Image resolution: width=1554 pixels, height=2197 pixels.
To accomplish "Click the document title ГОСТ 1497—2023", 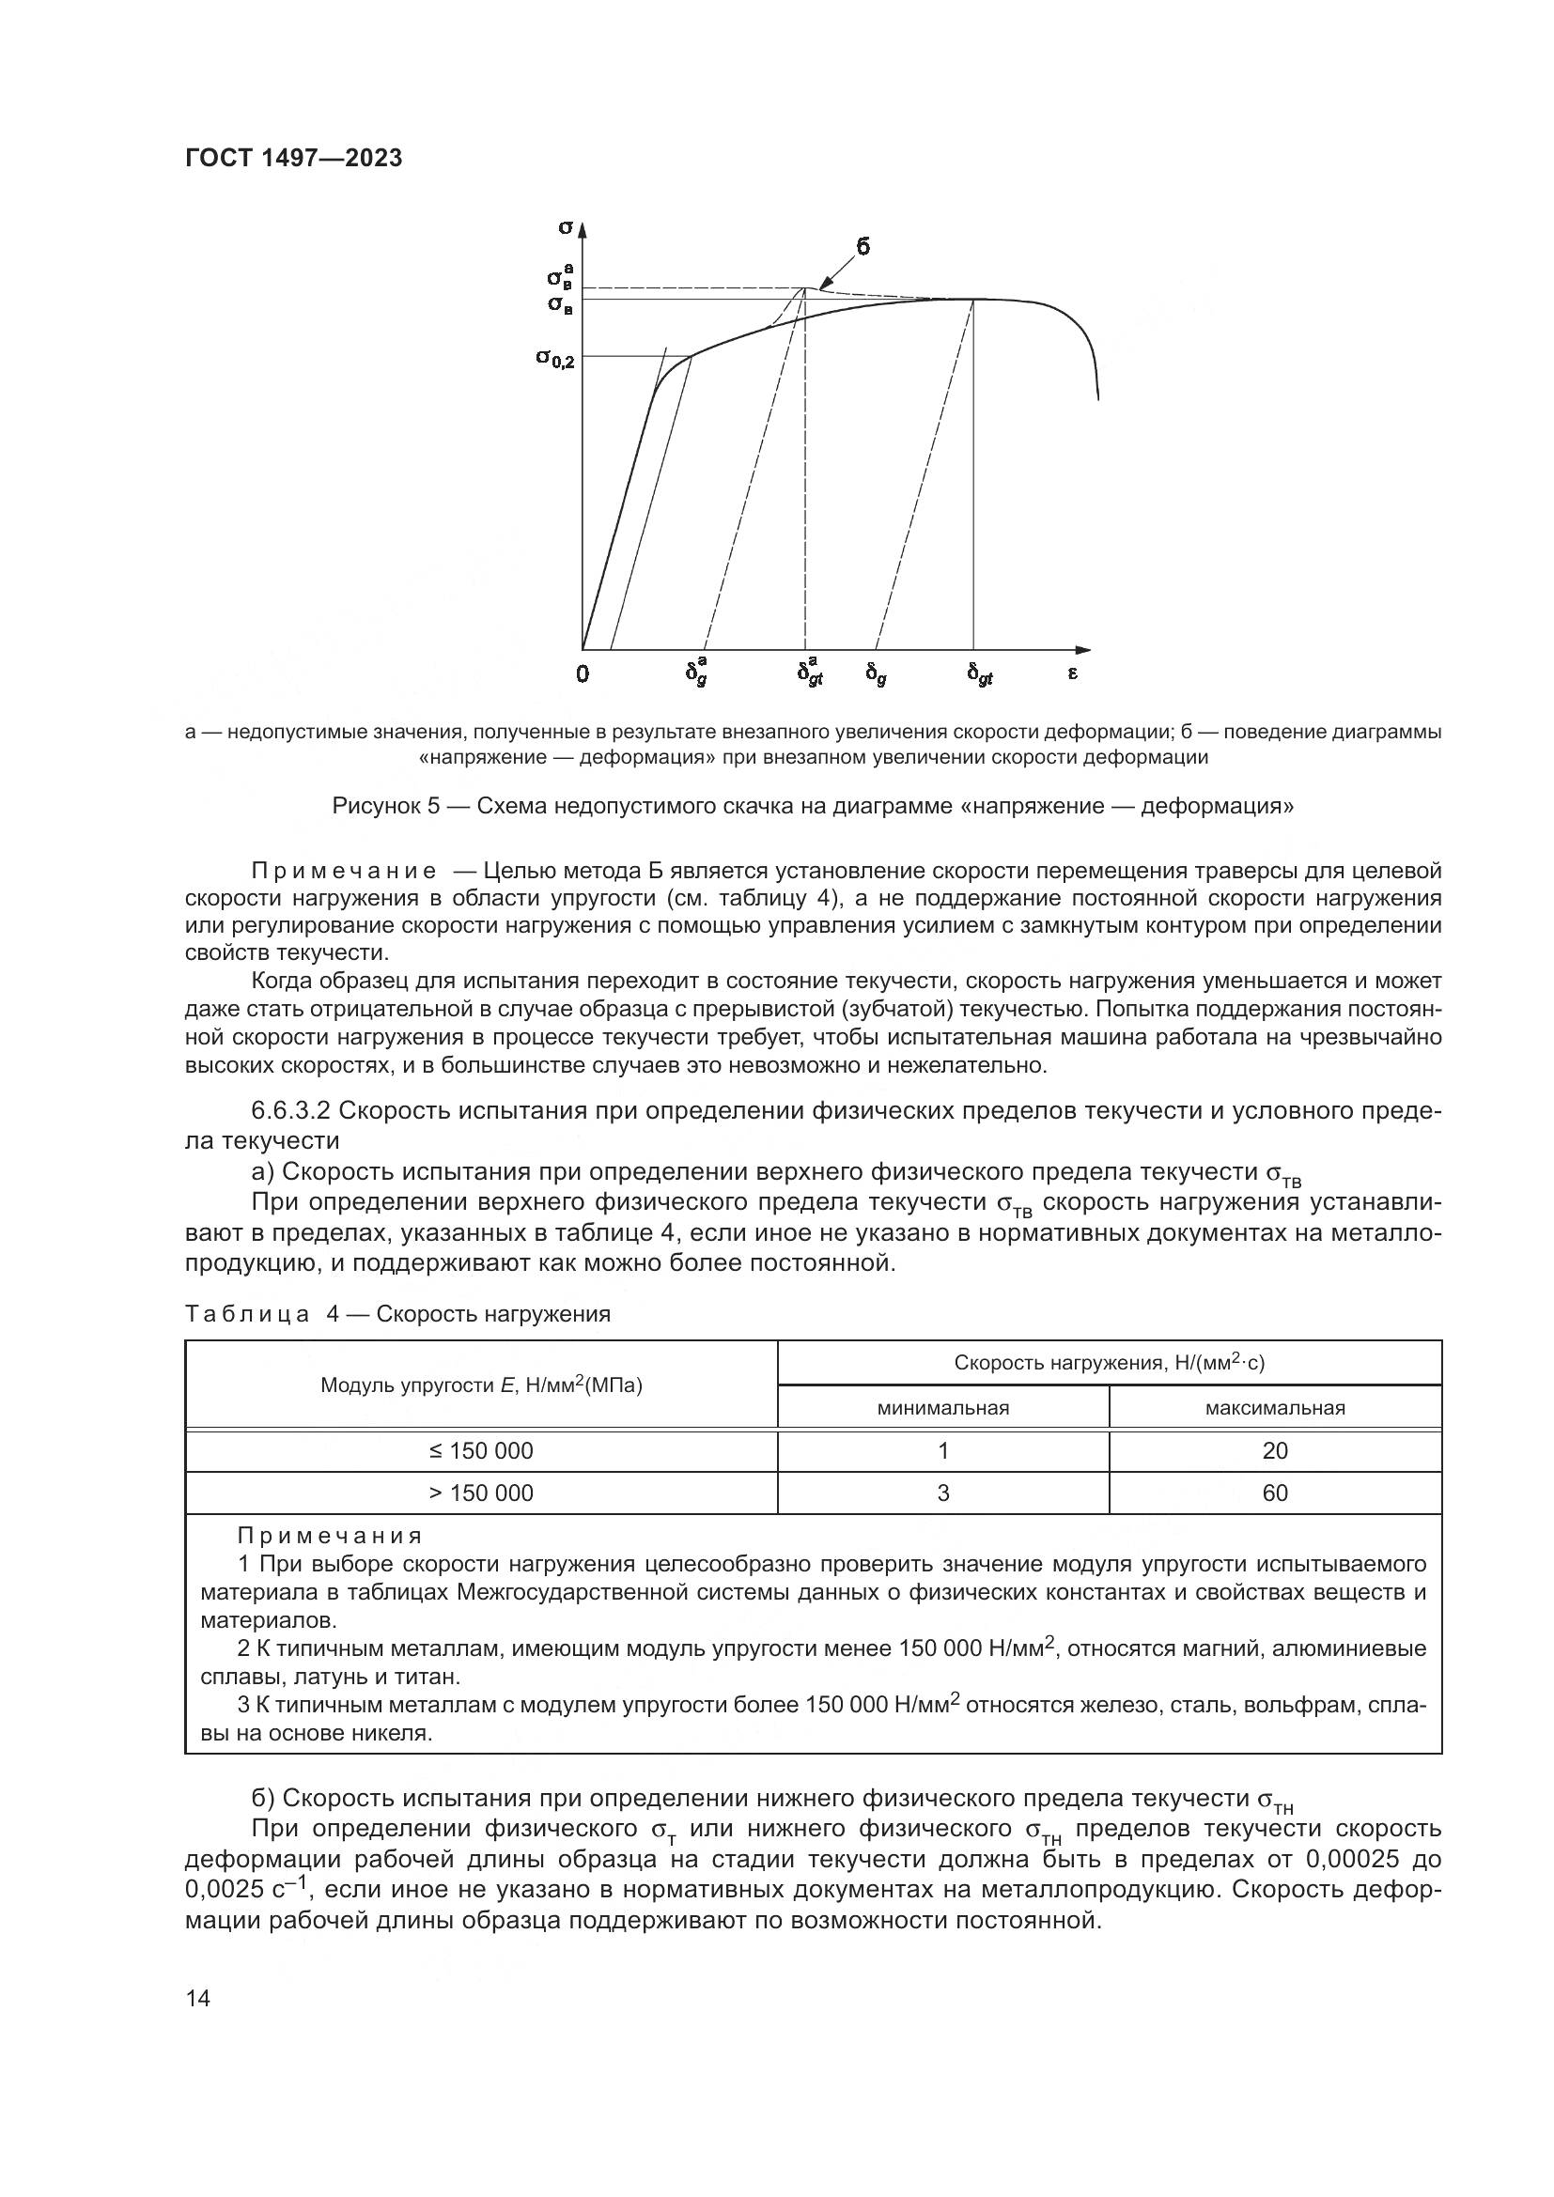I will [x=293, y=159].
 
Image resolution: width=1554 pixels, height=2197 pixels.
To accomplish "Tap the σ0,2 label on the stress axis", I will [x=555, y=359].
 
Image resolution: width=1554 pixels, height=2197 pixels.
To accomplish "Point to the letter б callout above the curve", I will [x=862, y=247].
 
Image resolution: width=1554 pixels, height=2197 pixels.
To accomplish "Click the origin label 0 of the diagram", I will [x=583, y=674].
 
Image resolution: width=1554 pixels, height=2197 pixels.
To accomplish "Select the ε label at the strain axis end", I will [x=1073, y=673].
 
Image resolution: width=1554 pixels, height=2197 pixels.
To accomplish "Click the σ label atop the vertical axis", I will [x=566, y=226].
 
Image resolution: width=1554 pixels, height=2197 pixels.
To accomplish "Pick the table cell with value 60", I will [x=1275, y=1493].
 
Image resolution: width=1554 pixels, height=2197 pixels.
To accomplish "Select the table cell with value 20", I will [x=1275, y=1450].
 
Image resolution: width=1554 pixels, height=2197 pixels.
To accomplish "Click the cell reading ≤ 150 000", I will [x=481, y=1450].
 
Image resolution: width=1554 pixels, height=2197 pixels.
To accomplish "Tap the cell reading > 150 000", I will [x=481, y=1493].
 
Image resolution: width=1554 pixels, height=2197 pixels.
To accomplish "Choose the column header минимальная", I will [x=942, y=1408].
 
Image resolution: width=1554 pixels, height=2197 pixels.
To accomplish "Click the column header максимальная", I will [x=1275, y=1408].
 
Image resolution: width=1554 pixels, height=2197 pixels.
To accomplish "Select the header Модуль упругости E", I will [x=481, y=1385].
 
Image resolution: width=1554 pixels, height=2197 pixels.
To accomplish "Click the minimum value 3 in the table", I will [x=942, y=1493].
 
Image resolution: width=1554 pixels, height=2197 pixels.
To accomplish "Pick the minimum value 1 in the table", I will [x=942, y=1450].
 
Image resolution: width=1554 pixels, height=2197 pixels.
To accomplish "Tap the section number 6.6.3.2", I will [x=291, y=1111].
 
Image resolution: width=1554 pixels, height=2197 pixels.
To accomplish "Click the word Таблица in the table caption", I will [x=248, y=1314].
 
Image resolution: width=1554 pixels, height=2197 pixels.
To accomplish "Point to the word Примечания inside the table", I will [x=329, y=1536].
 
